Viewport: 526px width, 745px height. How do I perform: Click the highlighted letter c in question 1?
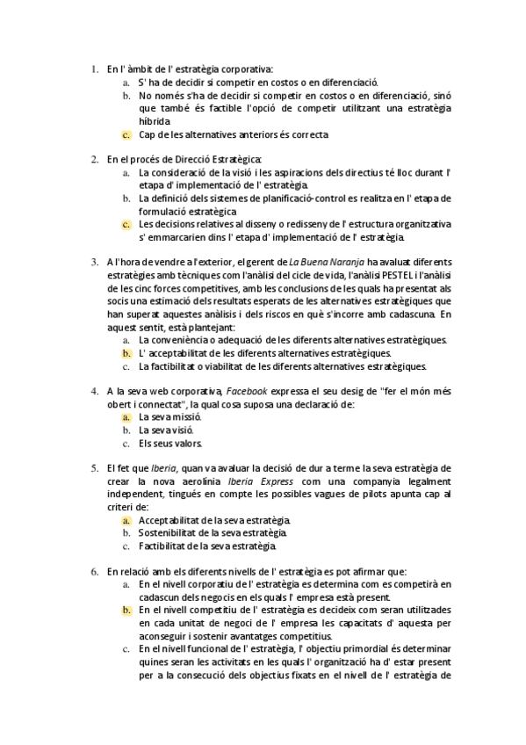[126, 134]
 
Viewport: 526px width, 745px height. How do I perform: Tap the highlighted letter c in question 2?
[126, 224]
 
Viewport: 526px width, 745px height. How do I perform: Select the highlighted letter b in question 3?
[126, 352]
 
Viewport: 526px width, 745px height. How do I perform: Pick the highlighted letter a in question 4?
[126, 417]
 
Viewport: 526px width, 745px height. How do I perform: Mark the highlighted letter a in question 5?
[126, 520]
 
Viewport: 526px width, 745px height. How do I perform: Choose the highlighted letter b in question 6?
[126, 610]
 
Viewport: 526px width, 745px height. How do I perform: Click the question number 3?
[95, 261]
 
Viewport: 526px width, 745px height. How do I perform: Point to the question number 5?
[95, 468]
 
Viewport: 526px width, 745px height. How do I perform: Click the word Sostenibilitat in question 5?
[172, 533]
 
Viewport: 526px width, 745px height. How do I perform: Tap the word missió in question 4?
[182, 417]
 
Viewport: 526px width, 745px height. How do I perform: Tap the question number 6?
[95, 571]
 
